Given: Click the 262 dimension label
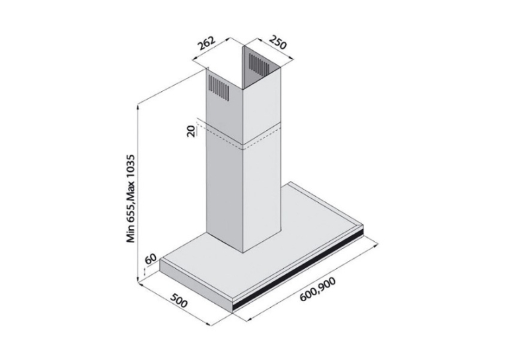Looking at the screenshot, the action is (x=206, y=44).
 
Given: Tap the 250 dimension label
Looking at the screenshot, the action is (x=277, y=42).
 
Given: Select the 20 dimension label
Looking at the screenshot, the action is (x=191, y=131).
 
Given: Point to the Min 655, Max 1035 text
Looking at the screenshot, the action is (x=130, y=198).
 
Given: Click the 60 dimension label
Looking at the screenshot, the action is (x=151, y=259).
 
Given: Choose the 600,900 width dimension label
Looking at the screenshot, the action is (x=318, y=289).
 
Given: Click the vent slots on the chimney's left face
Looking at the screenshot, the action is (x=219, y=87).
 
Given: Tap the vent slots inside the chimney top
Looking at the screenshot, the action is (x=258, y=63).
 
